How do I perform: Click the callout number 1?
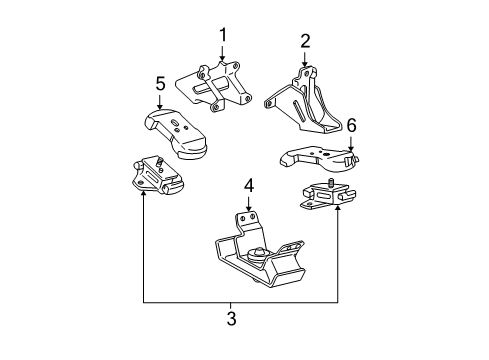point(224,36)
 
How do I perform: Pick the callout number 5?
point(160,84)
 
